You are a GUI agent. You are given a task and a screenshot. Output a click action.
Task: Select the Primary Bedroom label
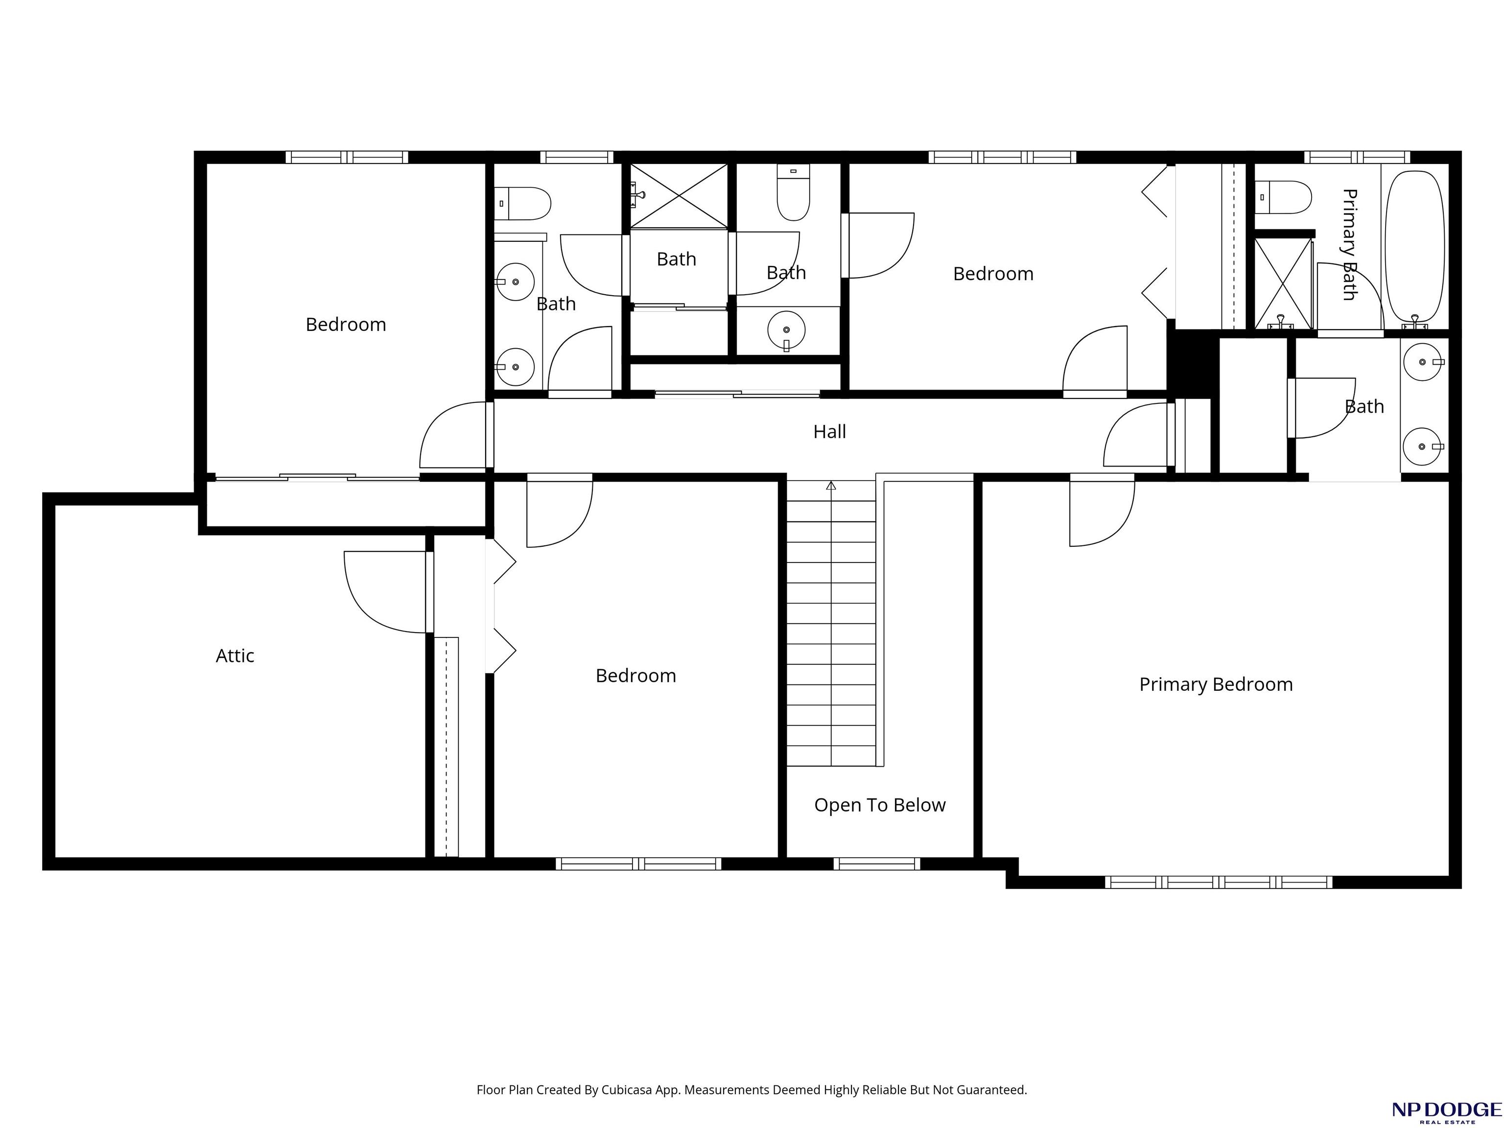click(x=1216, y=685)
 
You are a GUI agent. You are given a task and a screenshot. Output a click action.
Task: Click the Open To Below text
click(x=880, y=805)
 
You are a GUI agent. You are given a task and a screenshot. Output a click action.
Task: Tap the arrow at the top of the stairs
click(x=831, y=486)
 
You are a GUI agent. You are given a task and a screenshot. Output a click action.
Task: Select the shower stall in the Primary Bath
click(x=1282, y=283)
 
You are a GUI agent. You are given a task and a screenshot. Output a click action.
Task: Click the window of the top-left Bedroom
click(x=347, y=157)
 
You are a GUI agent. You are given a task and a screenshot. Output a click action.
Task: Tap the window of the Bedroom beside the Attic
click(x=638, y=864)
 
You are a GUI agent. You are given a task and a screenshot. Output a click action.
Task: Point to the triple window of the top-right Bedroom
click(x=1002, y=157)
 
